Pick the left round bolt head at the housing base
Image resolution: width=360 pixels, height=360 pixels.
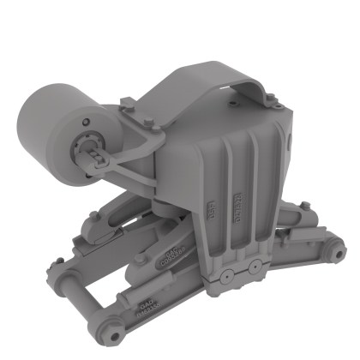coord(227,276)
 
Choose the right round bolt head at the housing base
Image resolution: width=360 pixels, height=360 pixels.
coord(254,267)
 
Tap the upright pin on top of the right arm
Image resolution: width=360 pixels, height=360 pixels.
coord(304,206)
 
